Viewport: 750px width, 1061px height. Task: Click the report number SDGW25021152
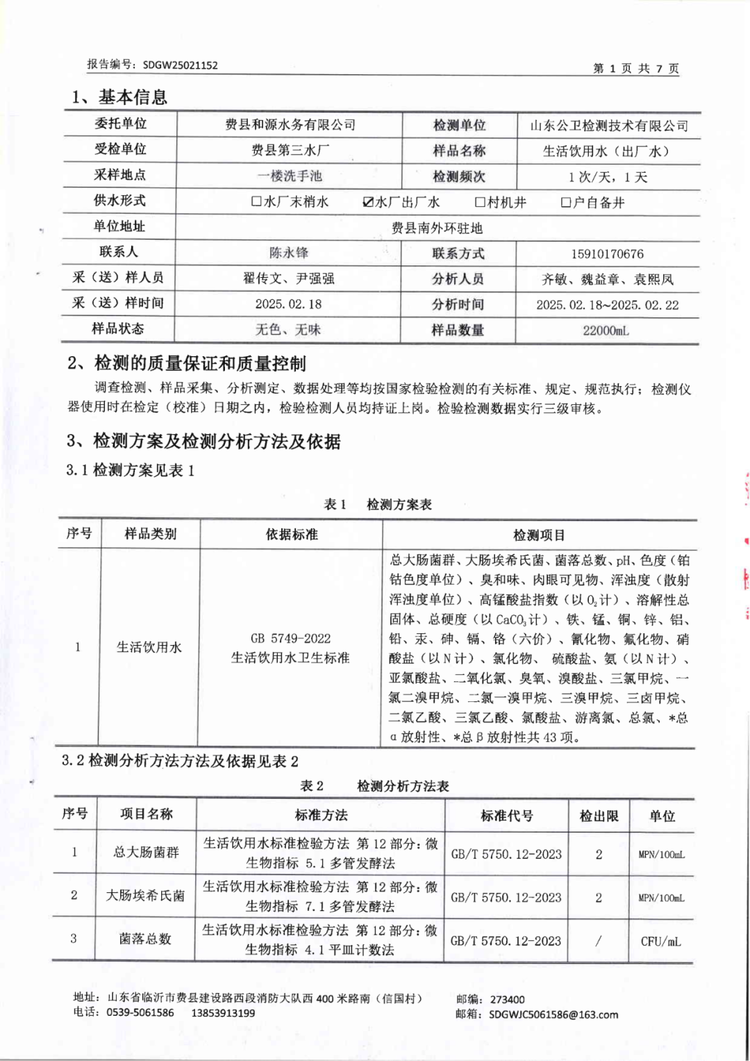pyautogui.click(x=180, y=65)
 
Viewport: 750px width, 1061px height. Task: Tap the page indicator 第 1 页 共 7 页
pyautogui.click(x=635, y=68)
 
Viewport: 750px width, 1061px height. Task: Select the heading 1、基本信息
pyautogui.click(x=119, y=97)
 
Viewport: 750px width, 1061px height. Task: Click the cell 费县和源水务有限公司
pyautogui.click(x=290, y=125)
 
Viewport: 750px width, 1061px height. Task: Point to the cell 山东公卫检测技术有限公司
pyautogui.click(x=609, y=126)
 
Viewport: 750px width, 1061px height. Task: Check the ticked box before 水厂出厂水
pyautogui.click(x=368, y=202)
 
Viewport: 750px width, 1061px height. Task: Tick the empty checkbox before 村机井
pyautogui.click(x=480, y=202)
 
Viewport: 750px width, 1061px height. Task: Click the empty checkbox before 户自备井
pyautogui.click(x=566, y=203)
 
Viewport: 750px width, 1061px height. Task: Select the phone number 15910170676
pyautogui.click(x=607, y=254)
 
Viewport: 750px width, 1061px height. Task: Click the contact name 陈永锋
pyautogui.click(x=289, y=253)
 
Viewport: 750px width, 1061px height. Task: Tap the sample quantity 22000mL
pyautogui.click(x=606, y=331)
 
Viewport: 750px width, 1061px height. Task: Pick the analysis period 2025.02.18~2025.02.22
pyautogui.click(x=607, y=305)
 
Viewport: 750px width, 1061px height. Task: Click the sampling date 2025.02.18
pyautogui.click(x=288, y=304)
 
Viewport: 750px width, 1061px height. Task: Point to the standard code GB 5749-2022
pyautogui.click(x=290, y=638)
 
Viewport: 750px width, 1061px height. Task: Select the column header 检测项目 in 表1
pyautogui.click(x=539, y=535)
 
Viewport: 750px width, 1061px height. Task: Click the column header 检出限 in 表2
pyautogui.click(x=599, y=816)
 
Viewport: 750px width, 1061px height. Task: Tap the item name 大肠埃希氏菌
pyautogui.click(x=145, y=896)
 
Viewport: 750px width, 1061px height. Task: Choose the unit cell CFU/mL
pyautogui.click(x=660, y=942)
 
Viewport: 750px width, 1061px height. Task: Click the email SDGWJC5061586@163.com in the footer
pyautogui.click(x=553, y=1014)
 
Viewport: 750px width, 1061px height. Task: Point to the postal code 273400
pyautogui.click(x=508, y=999)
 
